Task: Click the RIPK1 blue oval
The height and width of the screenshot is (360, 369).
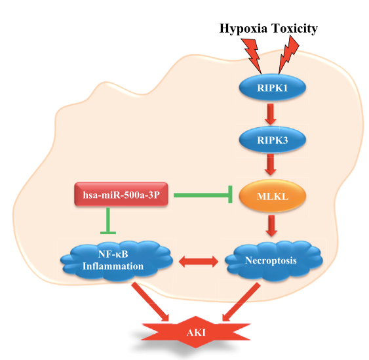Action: [x=272, y=87]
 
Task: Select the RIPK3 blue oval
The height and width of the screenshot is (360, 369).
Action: [x=272, y=140]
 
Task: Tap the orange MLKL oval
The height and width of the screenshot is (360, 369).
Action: [x=272, y=196]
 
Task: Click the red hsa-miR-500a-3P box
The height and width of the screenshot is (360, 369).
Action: [x=121, y=195]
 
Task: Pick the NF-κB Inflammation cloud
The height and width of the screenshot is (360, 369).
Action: [x=117, y=260]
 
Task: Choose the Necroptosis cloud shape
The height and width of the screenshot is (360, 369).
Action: [x=274, y=260]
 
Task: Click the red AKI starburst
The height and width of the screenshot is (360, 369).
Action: [x=195, y=332]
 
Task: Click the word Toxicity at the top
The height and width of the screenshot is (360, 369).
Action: [x=295, y=29]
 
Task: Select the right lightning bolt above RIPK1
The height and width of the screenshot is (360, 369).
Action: [x=288, y=54]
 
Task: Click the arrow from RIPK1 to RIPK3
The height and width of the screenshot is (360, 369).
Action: [x=271, y=114]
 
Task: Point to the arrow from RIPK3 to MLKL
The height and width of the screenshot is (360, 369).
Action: [x=271, y=165]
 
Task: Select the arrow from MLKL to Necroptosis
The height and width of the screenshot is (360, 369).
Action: [x=271, y=226]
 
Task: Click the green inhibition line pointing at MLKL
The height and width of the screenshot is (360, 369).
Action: [x=203, y=195]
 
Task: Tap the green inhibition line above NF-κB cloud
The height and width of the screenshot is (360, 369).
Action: [x=108, y=221]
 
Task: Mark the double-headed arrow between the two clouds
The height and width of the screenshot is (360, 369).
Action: [x=199, y=262]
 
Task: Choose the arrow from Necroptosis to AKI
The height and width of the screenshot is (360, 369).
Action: [x=241, y=302]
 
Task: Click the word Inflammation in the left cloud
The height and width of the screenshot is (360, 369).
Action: [x=113, y=266]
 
